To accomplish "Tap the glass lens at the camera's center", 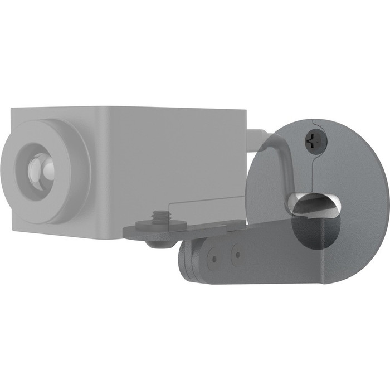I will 41,167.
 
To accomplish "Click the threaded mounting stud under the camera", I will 158,215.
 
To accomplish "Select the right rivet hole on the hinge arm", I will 237,256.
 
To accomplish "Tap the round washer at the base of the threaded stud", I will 158,224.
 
